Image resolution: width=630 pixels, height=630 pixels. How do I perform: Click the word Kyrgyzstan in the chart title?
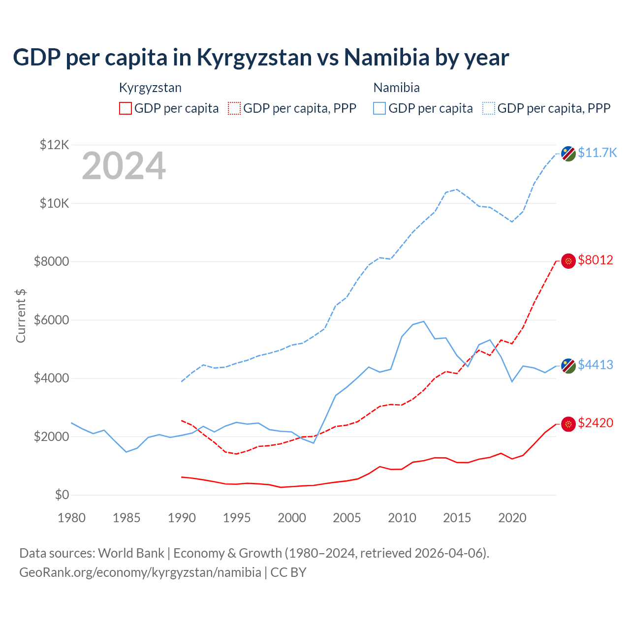pos(254,58)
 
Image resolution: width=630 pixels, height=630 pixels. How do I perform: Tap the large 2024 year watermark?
pos(124,166)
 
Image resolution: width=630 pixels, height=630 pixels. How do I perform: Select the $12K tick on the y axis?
pos(54,145)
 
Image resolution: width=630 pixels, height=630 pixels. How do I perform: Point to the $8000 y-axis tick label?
pos(51,261)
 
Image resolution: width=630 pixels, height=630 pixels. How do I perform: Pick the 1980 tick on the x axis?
pos(72,518)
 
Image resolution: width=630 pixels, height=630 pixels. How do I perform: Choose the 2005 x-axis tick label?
pos(347,518)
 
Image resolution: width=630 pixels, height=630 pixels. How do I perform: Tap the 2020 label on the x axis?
pos(512,518)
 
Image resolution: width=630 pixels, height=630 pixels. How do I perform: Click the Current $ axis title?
pos(21,315)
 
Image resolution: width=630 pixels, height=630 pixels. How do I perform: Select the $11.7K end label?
pos(597,153)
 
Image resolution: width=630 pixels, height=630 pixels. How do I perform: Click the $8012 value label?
pos(596,260)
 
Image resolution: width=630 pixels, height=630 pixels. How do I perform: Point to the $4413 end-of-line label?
pos(596,365)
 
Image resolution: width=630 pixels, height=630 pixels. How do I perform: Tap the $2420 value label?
pos(596,423)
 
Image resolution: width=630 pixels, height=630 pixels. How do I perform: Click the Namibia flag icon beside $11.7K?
pos(568,154)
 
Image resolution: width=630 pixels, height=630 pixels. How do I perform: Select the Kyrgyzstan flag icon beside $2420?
pos(568,424)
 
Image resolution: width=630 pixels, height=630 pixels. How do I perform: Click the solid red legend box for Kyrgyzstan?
pos(126,108)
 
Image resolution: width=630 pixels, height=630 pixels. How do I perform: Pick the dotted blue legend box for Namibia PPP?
pos(489,108)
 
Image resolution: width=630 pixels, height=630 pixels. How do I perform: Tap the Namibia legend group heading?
pos(396,88)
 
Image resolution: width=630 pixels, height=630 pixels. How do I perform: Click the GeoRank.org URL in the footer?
pos(140,572)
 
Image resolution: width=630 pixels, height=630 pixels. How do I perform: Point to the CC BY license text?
pos(288,572)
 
